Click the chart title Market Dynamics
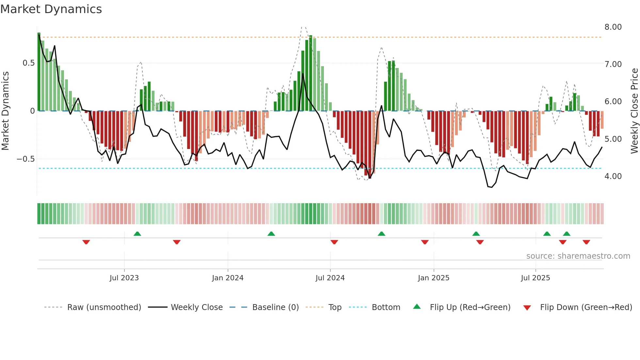click(x=51, y=9)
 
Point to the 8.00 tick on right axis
click(x=613, y=27)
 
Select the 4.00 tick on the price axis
click(x=613, y=176)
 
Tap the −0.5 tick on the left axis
click(x=26, y=159)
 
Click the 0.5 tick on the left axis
click(x=28, y=63)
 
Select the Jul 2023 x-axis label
click(x=124, y=278)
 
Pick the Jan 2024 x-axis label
click(x=228, y=278)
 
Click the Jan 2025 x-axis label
click(x=434, y=278)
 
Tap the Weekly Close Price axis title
click(x=634, y=111)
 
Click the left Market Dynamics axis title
click(x=5, y=111)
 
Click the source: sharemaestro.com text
click(x=578, y=256)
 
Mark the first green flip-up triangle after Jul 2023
click(x=137, y=234)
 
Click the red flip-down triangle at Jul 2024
click(x=334, y=242)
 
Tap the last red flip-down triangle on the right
click(x=586, y=242)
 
